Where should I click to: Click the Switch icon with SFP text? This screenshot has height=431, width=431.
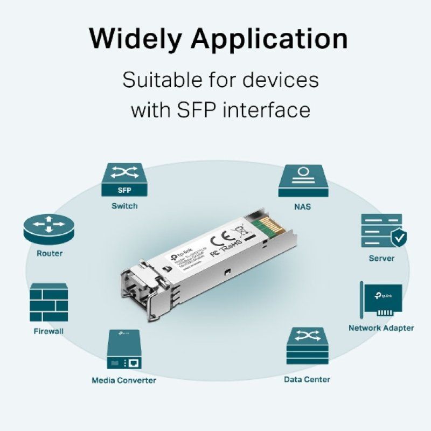pos(124,180)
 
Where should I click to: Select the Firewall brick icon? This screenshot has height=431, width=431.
pos(49,303)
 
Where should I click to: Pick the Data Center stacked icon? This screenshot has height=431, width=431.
pos(307,346)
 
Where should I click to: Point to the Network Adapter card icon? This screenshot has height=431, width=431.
pos(381,300)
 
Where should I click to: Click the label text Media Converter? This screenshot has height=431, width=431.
pos(124,380)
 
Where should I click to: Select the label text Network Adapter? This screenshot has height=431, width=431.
pos(381,328)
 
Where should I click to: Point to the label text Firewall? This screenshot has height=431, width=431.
pos(48,331)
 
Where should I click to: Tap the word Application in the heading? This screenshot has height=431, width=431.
pos(269,39)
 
